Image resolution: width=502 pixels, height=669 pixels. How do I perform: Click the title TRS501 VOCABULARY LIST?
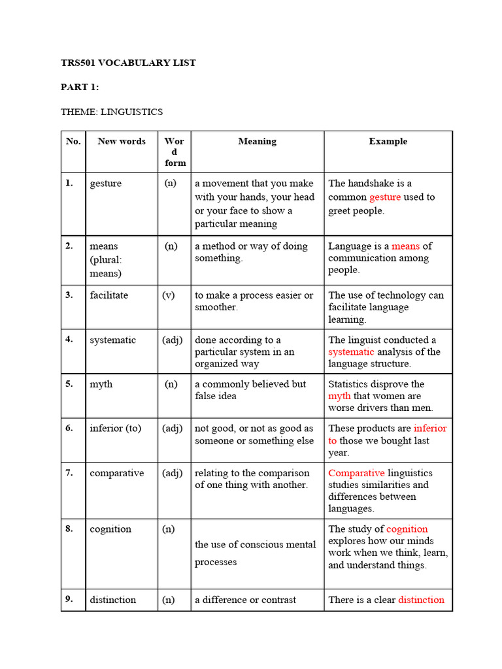[128, 63]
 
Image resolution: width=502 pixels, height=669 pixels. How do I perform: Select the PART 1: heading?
[80, 88]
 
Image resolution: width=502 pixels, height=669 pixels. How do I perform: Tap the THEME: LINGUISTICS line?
[112, 112]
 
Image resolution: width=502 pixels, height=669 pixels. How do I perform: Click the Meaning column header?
[257, 141]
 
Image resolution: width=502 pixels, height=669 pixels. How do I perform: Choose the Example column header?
[388, 141]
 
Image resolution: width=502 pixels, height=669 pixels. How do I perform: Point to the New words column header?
[122, 141]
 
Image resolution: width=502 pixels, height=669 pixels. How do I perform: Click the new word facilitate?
[109, 295]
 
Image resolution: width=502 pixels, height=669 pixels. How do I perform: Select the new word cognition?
[110, 529]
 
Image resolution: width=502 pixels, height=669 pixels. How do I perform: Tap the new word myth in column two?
[101, 384]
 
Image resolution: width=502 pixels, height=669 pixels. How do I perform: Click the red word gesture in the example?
[385, 197]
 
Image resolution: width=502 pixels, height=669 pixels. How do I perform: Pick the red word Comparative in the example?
[356, 473]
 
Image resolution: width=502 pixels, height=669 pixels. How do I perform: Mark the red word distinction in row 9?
[421, 600]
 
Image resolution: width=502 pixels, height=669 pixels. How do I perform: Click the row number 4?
[69, 340]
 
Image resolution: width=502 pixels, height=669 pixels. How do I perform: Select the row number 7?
[69, 473]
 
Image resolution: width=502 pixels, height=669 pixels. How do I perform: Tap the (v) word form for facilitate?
[169, 295]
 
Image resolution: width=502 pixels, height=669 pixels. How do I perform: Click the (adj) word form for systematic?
[173, 340]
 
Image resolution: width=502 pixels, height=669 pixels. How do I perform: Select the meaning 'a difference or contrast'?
[245, 600]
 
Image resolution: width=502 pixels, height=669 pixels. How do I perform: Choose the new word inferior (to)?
[116, 429]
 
